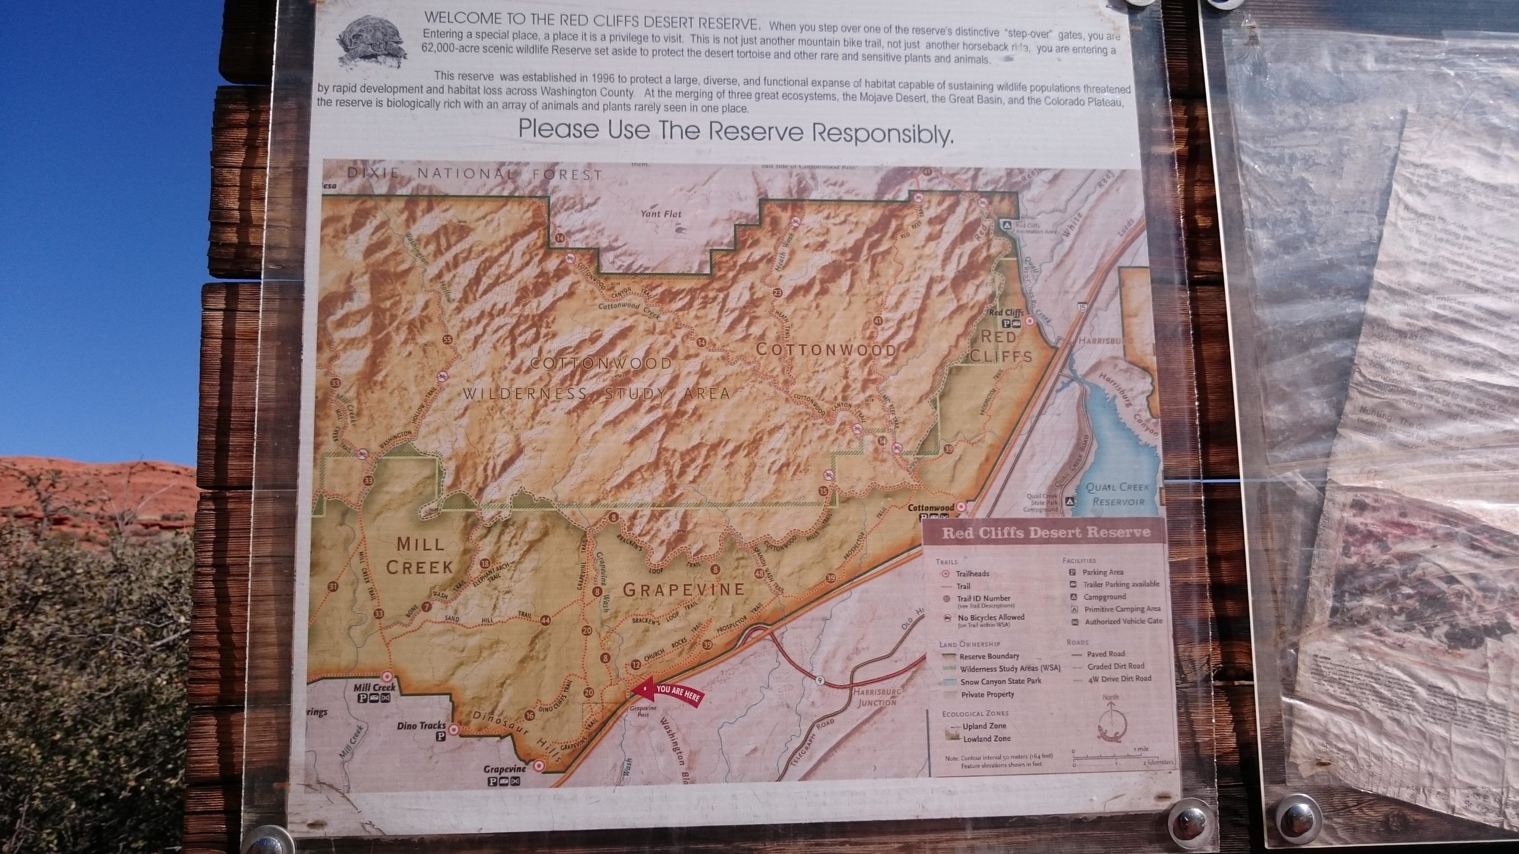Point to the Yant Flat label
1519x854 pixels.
click(x=660, y=213)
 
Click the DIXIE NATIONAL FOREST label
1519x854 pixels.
click(x=474, y=174)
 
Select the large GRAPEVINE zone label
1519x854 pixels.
click(x=684, y=589)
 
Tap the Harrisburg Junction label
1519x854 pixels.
click(x=876, y=697)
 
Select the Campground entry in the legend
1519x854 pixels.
click(x=1104, y=597)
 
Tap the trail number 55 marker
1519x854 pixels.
click(x=447, y=340)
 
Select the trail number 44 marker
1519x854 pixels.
click(x=545, y=621)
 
